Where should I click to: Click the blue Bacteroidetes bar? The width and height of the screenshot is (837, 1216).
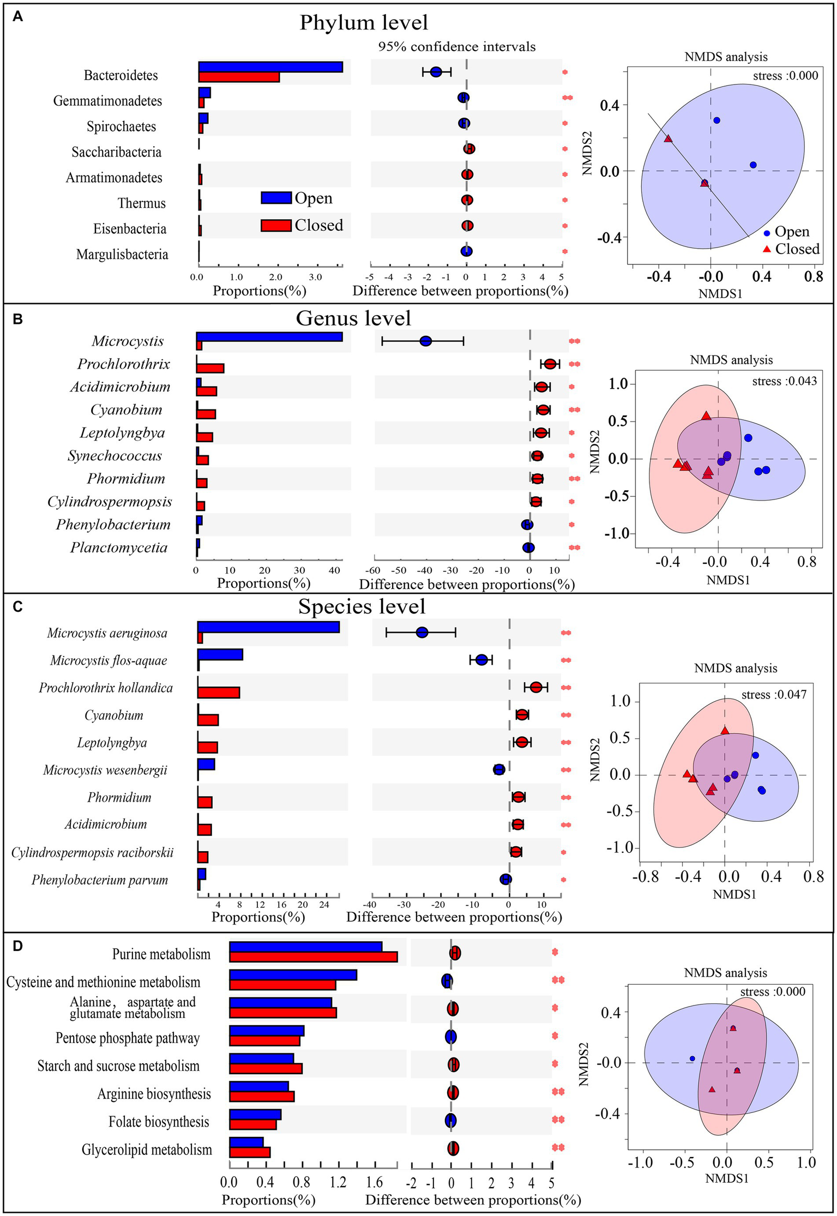click(x=270, y=67)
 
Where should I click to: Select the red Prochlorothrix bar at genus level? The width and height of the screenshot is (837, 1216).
click(x=210, y=368)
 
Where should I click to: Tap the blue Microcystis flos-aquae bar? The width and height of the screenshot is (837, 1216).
click(x=220, y=654)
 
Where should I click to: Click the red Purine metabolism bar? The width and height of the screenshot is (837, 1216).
click(x=313, y=957)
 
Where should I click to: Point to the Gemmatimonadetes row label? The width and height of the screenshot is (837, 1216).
click(x=107, y=101)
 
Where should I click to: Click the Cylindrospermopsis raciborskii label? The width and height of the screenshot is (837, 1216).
click(x=92, y=852)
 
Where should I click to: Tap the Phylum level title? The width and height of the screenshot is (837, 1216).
click(x=364, y=23)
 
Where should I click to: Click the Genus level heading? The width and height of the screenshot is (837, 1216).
click(x=353, y=318)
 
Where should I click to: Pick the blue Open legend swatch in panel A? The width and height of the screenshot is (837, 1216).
click(x=276, y=198)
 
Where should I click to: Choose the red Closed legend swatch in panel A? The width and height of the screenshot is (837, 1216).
click(x=276, y=225)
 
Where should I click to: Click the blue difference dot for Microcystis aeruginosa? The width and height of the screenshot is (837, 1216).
click(x=421, y=633)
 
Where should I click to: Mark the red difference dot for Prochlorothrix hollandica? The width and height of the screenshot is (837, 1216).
click(x=536, y=688)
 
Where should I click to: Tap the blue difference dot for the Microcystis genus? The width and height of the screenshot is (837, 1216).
click(x=426, y=341)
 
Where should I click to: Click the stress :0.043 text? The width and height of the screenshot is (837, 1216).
click(x=784, y=381)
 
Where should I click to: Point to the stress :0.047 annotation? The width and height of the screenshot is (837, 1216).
click(x=773, y=695)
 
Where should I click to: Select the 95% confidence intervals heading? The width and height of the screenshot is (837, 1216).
click(x=457, y=47)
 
